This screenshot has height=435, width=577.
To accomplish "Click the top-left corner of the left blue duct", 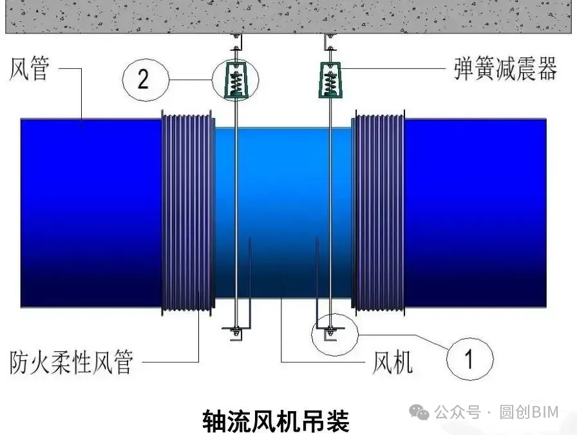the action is coord(21,119).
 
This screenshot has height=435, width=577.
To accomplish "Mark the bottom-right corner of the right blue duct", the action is coord(546,307).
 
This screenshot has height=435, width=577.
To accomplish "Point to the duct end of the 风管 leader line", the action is coord(82,130).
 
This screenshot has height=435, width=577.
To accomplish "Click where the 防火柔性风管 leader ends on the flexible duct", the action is coord(199,291).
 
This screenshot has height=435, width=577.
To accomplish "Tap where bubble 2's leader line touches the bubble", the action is coord(169,79).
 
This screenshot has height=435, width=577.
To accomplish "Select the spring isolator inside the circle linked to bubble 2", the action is coord(235,81).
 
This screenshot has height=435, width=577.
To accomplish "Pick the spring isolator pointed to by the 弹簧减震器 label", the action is coord(330,80).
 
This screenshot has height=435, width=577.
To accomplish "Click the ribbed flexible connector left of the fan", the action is coord(187,213).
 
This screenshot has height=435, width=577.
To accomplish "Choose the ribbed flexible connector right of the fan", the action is coord(378,213).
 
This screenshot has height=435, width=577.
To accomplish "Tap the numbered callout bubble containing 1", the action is coord(470,358).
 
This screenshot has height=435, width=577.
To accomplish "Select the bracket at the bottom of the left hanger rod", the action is coord(236,331).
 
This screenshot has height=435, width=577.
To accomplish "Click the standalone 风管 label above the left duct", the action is coord(29,68).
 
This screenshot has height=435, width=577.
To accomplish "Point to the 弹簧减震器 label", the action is coord(506,68).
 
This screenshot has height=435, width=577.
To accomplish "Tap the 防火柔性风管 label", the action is coord(71,362).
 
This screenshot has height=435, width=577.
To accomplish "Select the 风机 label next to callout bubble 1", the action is coord(392,362).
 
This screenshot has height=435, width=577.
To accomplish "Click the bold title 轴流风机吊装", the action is coord(276,421).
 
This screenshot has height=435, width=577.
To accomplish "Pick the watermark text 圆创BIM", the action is coord(529,412).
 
